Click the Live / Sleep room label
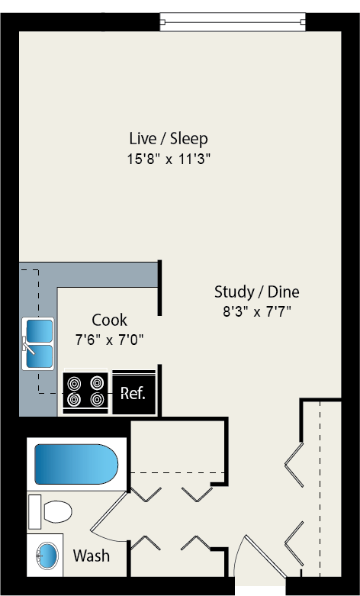coord(168,139)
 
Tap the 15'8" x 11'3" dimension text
coord(168,159)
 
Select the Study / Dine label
coord(256,292)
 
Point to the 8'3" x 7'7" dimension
coord(256,311)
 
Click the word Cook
coord(109,320)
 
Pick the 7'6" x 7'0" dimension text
coord(109,339)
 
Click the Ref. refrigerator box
coord(133,394)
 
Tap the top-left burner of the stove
coord(74,384)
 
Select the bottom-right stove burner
coord(97,400)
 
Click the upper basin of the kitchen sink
coord(40,330)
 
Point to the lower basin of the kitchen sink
coord(40,356)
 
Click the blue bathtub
coord(75,463)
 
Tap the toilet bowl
coord(58,511)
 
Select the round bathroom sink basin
coord(47,555)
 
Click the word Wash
coord(91,556)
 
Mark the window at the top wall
coord(233,22)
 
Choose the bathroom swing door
coord(108,510)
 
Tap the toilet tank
coord(34,511)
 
